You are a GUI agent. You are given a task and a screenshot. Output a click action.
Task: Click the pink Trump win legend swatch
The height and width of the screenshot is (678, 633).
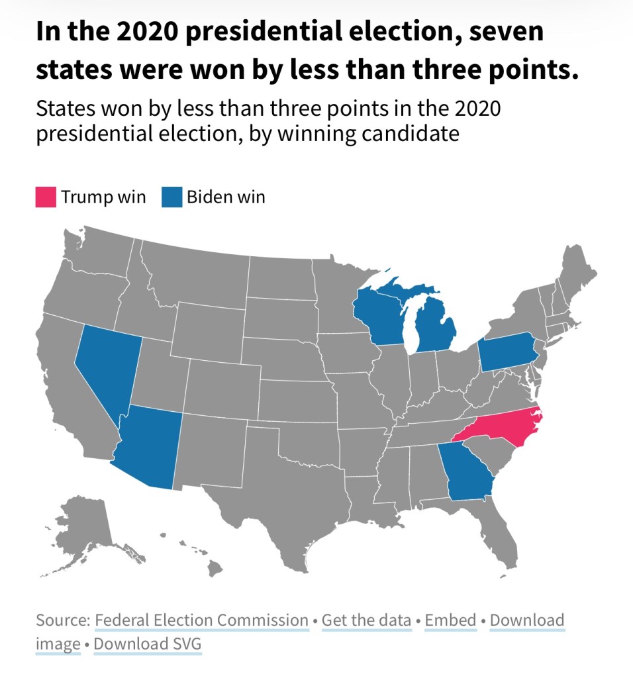pyautogui.click(x=46, y=197)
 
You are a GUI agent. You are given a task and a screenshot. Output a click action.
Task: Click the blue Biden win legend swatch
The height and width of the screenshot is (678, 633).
pyautogui.click(x=171, y=197)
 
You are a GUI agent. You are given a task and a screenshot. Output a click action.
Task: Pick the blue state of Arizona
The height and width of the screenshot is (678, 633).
pyautogui.click(x=149, y=447)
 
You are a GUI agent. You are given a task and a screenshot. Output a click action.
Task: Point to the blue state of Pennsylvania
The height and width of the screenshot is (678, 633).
pyautogui.click(x=507, y=351)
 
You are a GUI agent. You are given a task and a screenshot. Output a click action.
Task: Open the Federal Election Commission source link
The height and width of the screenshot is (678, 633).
pyautogui.click(x=202, y=620)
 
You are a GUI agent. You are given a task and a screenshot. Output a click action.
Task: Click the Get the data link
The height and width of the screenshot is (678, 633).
pyautogui.click(x=367, y=620)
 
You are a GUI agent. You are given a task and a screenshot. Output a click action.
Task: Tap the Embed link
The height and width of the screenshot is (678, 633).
pyautogui.click(x=451, y=620)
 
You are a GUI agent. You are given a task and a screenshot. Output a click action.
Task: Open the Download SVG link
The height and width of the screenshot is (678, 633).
pyautogui.click(x=148, y=644)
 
